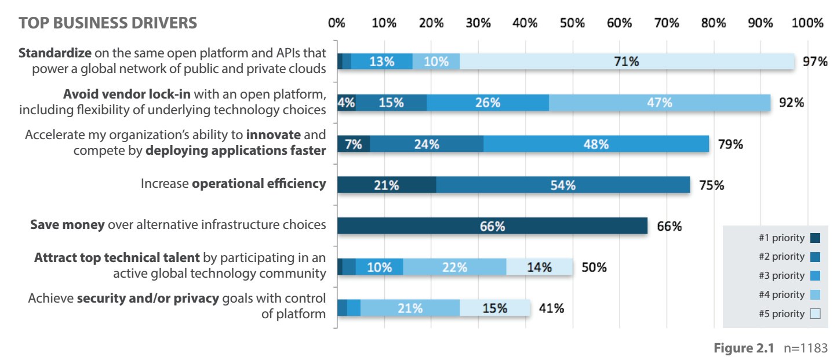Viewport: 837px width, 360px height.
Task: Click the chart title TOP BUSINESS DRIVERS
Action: (x=108, y=23)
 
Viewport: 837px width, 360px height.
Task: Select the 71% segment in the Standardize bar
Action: (x=627, y=61)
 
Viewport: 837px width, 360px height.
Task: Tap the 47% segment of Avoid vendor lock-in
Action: (x=660, y=103)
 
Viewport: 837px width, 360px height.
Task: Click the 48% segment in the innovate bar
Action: (x=596, y=144)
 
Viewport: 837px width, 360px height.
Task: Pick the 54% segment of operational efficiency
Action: (x=563, y=185)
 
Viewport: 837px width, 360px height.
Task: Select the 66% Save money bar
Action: (x=492, y=226)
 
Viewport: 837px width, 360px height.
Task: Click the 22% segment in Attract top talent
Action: (x=454, y=267)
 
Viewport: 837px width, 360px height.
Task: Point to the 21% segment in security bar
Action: (x=410, y=308)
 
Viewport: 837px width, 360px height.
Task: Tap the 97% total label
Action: (x=814, y=61)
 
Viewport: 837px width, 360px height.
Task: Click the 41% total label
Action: (x=551, y=308)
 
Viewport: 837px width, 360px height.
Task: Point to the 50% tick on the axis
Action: (x=572, y=23)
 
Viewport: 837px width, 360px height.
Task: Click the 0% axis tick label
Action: (x=337, y=23)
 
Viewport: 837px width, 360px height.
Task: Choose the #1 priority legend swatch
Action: (x=815, y=238)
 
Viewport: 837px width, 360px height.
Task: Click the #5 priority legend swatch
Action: (x=815, y=314)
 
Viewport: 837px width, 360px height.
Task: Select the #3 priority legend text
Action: (x=781, y=275)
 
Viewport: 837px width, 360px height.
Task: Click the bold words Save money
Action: (x=68, y=224)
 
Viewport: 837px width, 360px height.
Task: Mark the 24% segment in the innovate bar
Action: (x=426, y=144)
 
